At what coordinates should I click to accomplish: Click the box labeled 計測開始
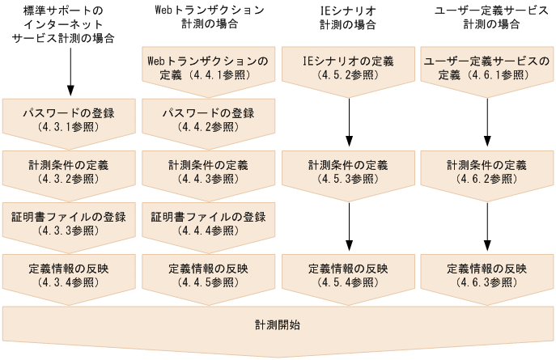[278, 325]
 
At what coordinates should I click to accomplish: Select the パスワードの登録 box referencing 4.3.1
[69, 119]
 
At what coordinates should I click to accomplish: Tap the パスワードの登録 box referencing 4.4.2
[209, 119]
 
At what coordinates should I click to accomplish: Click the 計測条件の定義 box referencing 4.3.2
[69, 171]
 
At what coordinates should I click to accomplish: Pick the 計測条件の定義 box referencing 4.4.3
[209, 171]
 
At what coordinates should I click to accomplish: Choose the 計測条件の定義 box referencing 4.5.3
[348, 171]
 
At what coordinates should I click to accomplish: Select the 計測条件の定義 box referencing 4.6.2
[486, 171]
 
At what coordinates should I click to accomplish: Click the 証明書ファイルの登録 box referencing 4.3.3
[69, 222]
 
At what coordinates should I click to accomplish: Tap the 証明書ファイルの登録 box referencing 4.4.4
[209, 222]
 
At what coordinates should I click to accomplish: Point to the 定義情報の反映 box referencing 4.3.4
[69, 274]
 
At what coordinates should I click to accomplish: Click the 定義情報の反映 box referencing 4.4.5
[209, 274]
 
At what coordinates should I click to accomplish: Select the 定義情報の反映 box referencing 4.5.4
[348, 274]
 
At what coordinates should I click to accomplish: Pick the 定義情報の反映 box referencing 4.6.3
[486, 274]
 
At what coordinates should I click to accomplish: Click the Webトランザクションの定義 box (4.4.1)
[209, 67]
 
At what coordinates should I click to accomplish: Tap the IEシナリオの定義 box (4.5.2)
[348, 67]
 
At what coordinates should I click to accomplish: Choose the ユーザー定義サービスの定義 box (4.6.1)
[486, 67]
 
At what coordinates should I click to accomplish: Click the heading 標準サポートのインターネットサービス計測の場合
[69, 24]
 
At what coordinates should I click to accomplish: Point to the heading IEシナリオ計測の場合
[348, 17]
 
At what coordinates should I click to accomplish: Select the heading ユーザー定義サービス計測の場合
[486, 17]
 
